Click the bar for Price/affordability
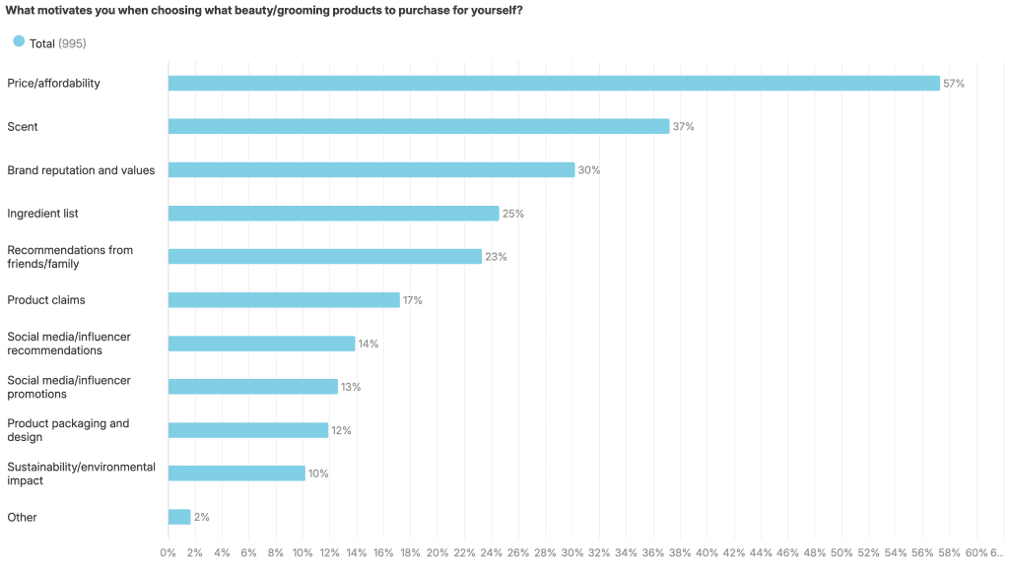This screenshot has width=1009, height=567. coord(554,84)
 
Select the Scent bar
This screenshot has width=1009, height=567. coord(419,127)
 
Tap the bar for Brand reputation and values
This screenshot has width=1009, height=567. coord(371,170)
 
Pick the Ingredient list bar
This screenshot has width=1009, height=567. coord(334,214)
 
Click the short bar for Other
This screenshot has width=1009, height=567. coord(179,517)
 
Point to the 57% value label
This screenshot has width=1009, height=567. coord(954,84)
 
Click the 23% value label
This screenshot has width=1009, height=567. coord(496,257)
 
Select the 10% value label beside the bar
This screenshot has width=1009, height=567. coord(318,473)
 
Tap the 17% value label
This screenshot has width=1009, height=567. coord(412,300)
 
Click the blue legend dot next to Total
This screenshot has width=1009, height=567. coord(19,41)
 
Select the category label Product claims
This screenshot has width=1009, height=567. coord(46,300)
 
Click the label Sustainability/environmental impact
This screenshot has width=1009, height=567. coord(81,473)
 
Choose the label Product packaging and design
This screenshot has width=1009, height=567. coord(68,430)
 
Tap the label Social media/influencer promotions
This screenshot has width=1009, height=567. coord(69,387)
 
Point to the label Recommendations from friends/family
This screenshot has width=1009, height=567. coord(70,257)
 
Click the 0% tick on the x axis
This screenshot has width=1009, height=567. coord(168,553)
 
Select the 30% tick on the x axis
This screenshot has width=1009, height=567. coord(572,553)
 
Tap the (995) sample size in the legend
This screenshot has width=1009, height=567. coord(72,42)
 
